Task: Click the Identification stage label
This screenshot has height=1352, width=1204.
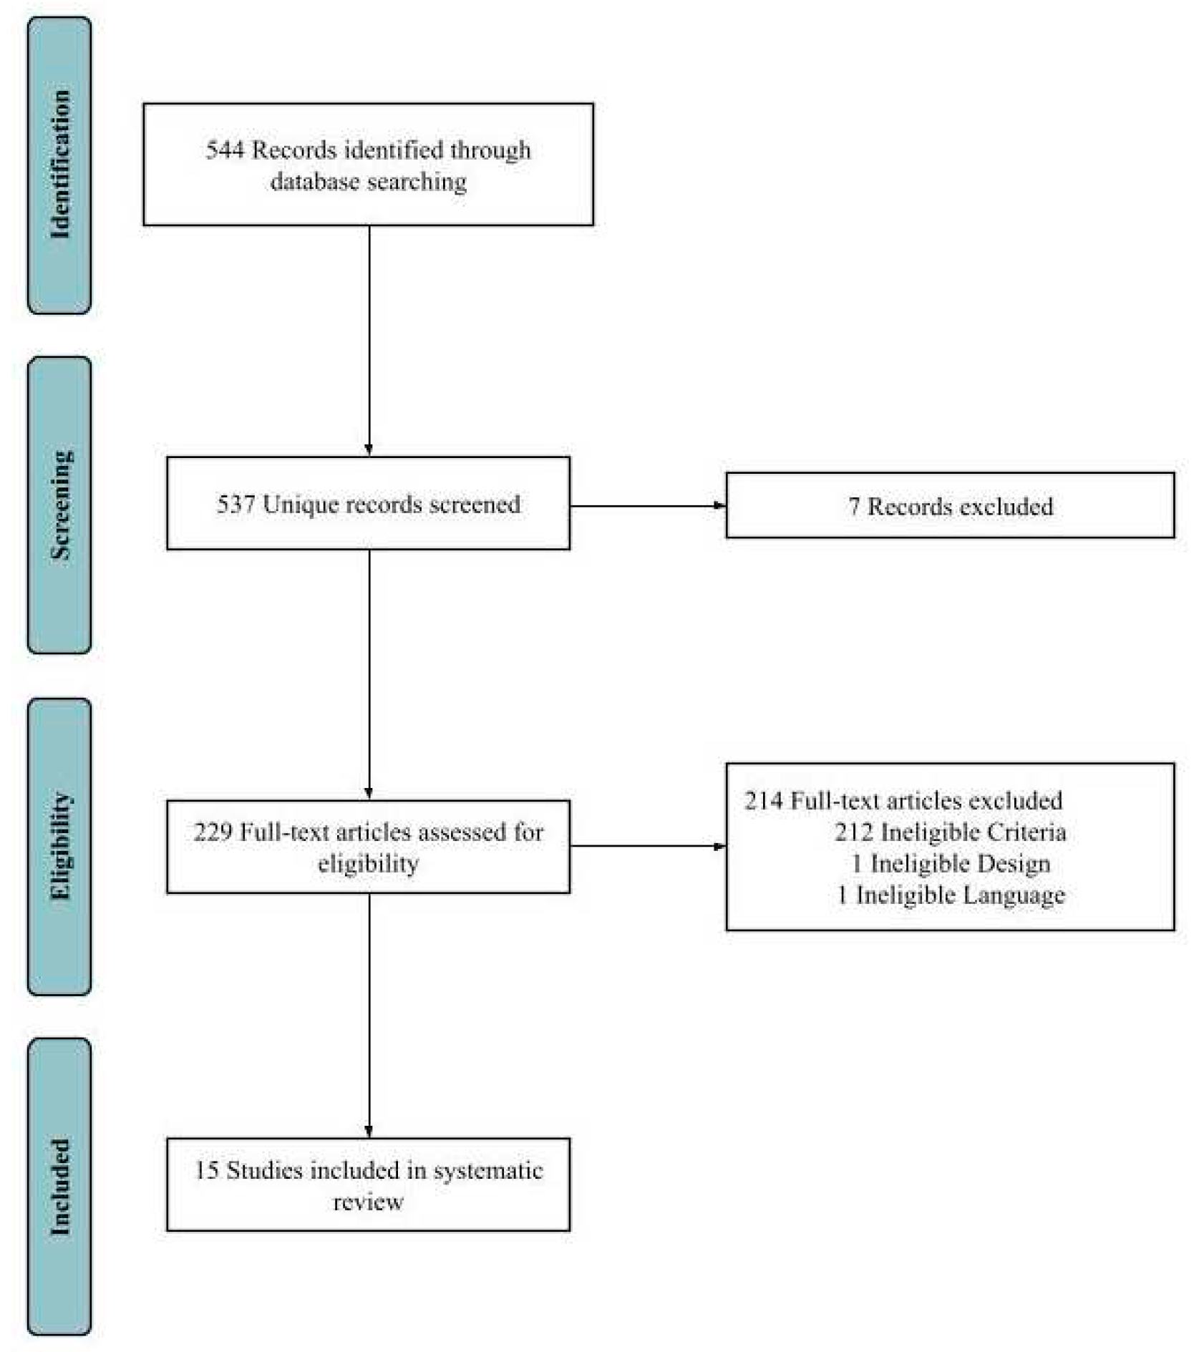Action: click(x=59, y=165)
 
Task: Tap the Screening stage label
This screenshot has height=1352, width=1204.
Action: click(x=59, y=505)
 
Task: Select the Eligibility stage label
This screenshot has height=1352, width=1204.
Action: click(x=59, y=846)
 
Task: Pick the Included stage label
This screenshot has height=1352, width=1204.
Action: click(x=59, y=1187)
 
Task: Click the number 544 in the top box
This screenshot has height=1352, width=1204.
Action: click(x=225, y=150)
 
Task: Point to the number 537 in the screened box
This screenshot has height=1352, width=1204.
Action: click(x=236, y=505)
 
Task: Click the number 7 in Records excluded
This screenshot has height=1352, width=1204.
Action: click(x=853, y=507)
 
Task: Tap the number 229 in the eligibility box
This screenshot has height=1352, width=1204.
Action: click(x=212, y=832)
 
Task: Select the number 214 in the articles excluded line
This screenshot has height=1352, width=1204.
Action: click(x=763, y=801)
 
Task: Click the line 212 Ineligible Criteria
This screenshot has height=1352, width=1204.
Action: click(x=950, y=832)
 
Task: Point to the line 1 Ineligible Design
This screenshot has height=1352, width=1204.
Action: click(x=950, y=864)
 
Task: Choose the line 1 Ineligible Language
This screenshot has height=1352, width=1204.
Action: click(x=950, y=895)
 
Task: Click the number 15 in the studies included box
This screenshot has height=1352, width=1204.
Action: click(x=207, y=1171)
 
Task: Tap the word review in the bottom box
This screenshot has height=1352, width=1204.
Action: click(x=368, y=1202)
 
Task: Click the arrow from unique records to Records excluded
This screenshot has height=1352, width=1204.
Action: click(x=648, y=506)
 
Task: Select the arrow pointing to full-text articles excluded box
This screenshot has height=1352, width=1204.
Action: click(x=648, y=847)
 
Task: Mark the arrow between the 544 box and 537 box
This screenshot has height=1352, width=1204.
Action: click(x=369, y=340)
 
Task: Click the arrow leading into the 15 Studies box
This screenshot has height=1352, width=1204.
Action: click(x=369, y=1016)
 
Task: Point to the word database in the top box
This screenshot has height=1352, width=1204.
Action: click(x=314, y=182)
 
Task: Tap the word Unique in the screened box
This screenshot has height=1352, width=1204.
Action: click(x=301, y=505)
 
